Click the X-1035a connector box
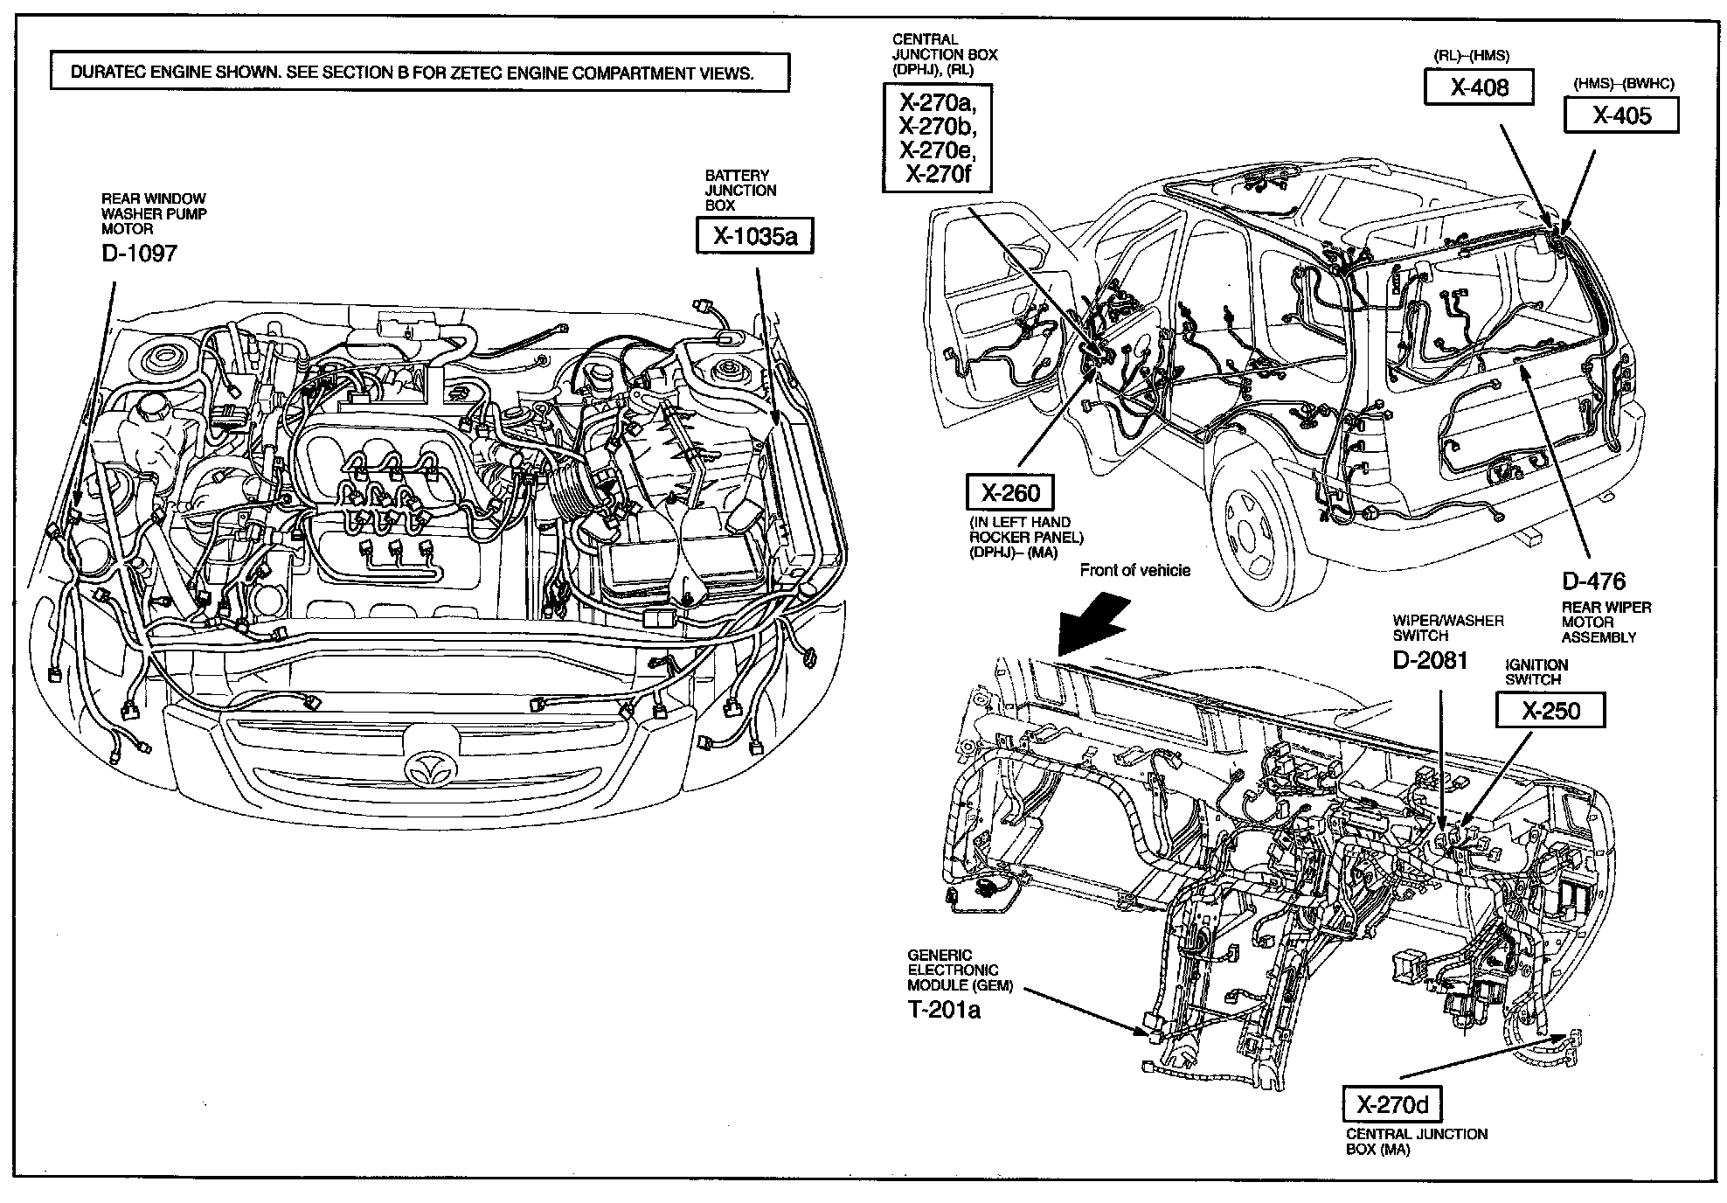tap(755, 236)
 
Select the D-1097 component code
tap(139, 254)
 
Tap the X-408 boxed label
tap(1479, 87)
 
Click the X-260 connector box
tap(1010, 493)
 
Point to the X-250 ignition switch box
tap(1550, 711)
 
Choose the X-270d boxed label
tap(1392, 1106)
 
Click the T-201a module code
tap(944, 1011)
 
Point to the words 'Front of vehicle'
tap(1134, 571)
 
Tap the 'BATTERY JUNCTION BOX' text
tap(740, 191)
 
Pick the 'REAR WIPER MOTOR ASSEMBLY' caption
tap(1606, 622)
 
